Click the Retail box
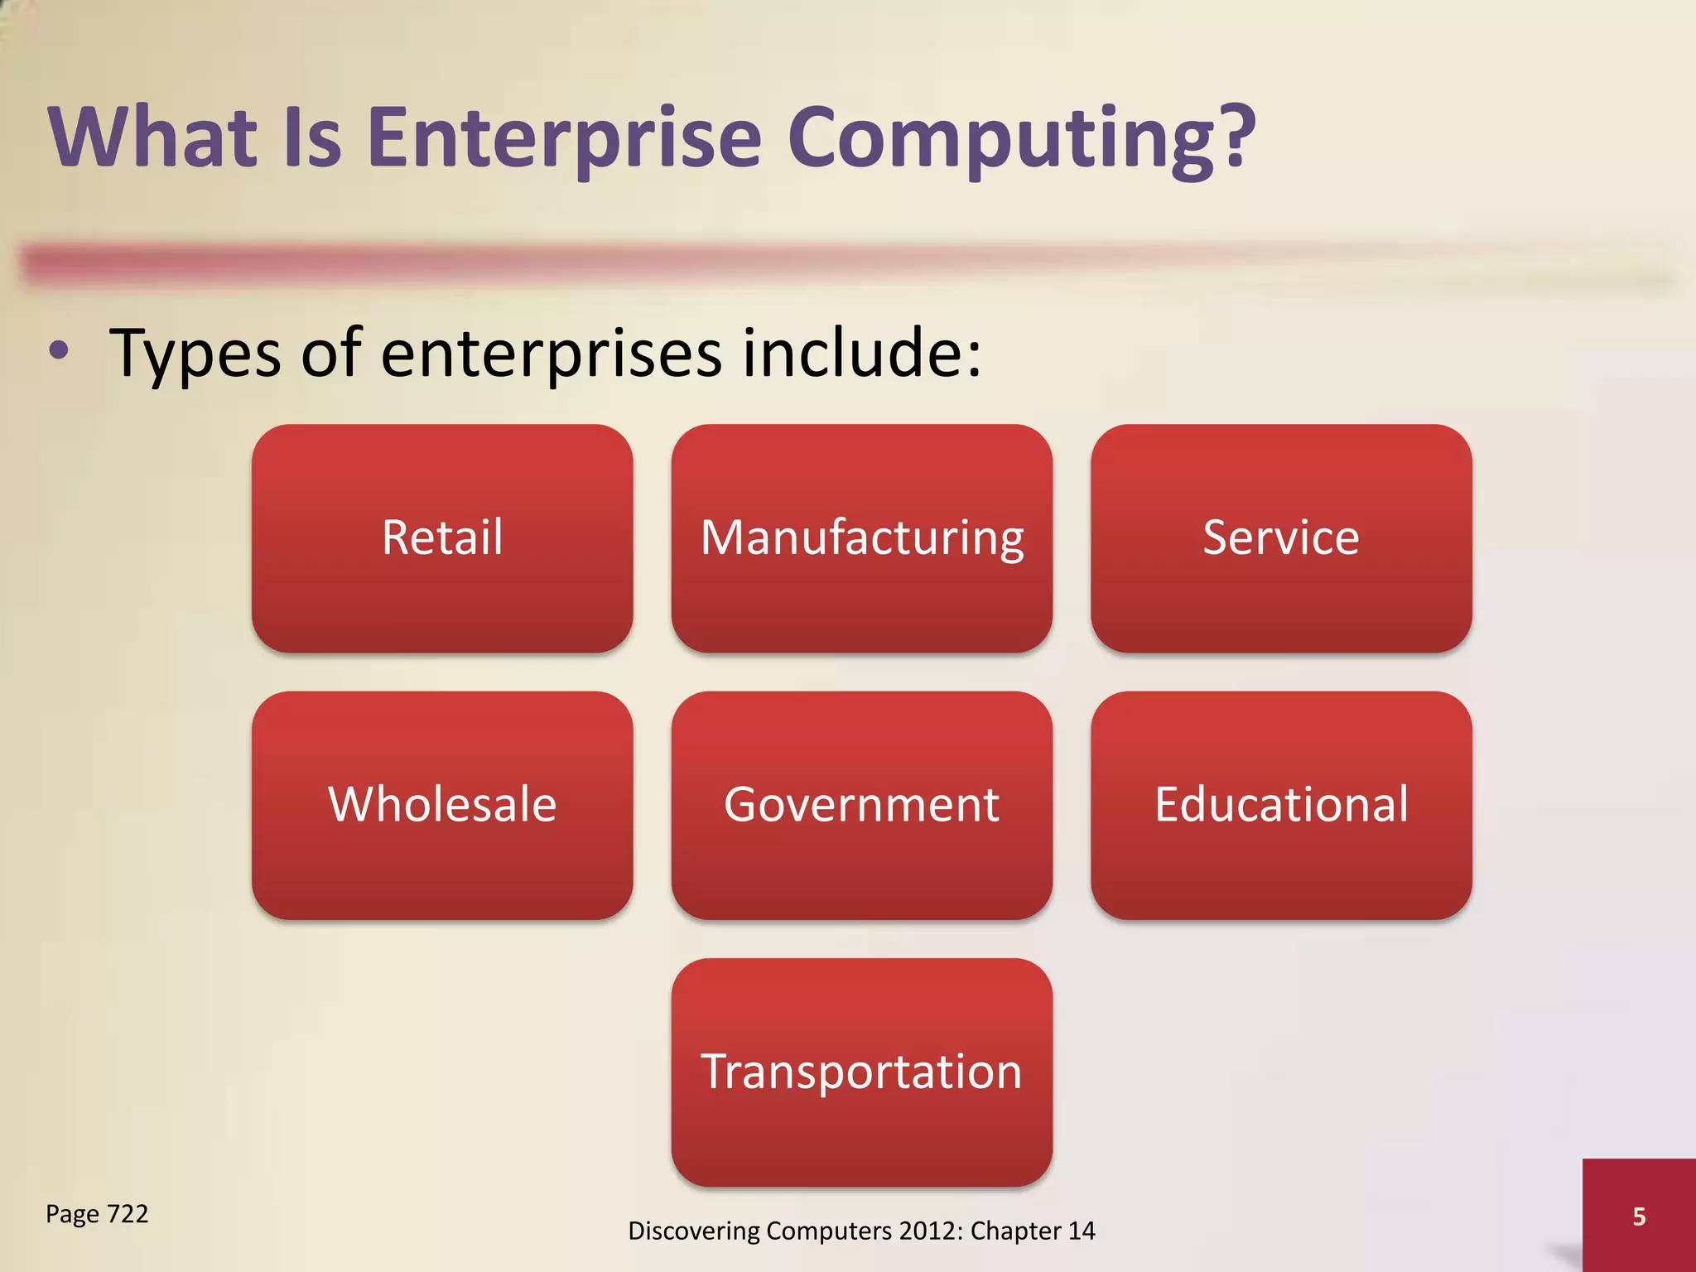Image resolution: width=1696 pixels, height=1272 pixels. point(442,538)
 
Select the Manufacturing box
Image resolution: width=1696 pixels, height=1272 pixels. point(861,538)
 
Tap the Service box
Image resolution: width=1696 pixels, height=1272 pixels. point(1280,538)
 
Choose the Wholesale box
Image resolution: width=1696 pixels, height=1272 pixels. point(442,805)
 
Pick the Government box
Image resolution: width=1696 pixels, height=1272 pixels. point(861,805)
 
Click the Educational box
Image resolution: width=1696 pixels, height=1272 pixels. point(1280,805)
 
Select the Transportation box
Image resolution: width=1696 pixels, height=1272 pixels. point(861,1072)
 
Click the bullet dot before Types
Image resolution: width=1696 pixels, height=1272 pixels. point(59,351)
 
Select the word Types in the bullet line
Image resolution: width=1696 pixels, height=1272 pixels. point(195,354)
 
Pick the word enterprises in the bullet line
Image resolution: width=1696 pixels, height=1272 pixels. point(552,354)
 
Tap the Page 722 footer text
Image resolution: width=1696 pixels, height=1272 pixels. point(97,1214)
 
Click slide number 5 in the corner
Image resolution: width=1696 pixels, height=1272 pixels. point(1639,1217)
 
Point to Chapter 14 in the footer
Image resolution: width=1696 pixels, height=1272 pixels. point(1033,1231)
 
